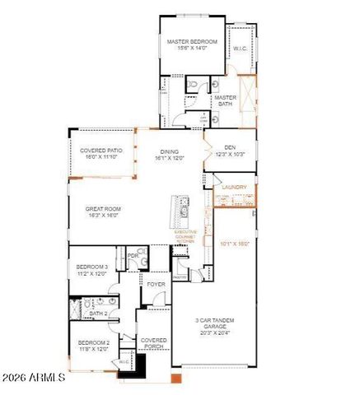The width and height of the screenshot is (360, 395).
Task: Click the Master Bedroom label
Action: tap(191, 44)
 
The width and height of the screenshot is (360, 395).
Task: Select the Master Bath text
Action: tap(225, 100)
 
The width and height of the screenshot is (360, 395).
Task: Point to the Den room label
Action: tap(230, 151)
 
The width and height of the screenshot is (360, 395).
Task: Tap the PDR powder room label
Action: tap(133, 256)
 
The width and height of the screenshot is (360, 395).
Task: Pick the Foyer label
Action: tap(156, 285)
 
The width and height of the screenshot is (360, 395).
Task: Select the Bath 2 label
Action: tap(99, 314)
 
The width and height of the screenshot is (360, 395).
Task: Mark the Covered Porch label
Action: tap(154, 343)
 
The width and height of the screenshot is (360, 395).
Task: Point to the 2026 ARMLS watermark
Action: tap(34, 379)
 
